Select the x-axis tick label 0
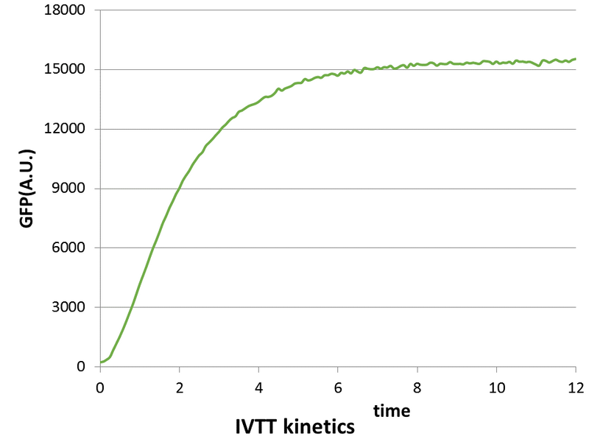pyautogui.click(x=100, y=386)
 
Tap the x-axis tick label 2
pyautogui.click(x=180, y=386)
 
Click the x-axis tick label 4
pyautogui.click(x=258, y=386)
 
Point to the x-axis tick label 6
pyautogui.click(x=338, y=386)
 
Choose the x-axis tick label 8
pyautogui.click(x=417, y=386)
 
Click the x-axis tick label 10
pyautogui.click(x=496, y=386)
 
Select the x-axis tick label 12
pyautogui.click(x=576, y=386)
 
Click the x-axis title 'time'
pyautogui.click(x=391, y=409)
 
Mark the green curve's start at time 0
pyautogui.click(x=101, y=362)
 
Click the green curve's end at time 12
pyautogui.click(x=576, y=59)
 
